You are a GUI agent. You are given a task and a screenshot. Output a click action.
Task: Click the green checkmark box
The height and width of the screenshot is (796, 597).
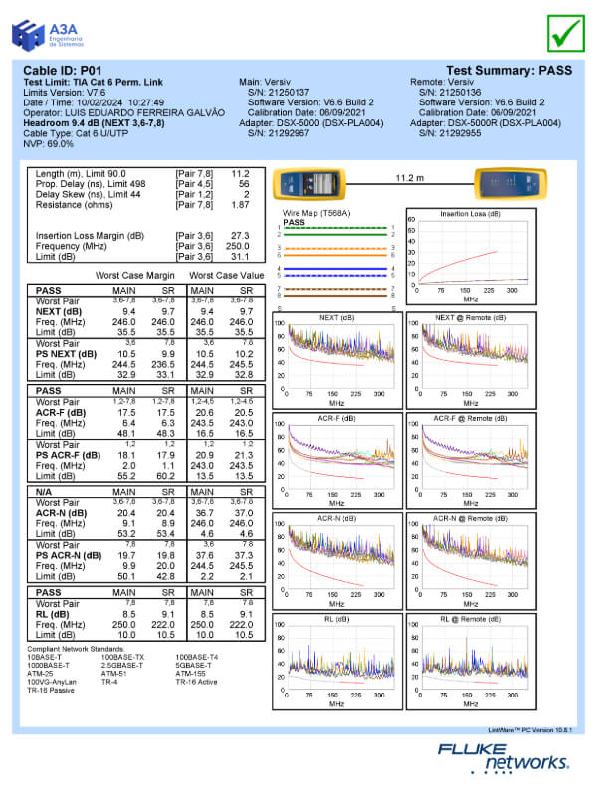[566, 32]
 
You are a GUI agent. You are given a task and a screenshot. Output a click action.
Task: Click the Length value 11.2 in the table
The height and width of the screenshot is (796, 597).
[239, 173]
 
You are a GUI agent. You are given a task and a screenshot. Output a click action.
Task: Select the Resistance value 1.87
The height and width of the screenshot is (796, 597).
[239, 205]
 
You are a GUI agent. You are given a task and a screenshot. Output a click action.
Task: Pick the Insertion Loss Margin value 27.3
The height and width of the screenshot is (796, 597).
[239, 236]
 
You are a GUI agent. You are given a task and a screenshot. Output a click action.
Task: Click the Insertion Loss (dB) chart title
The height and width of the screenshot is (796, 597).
[471, 213]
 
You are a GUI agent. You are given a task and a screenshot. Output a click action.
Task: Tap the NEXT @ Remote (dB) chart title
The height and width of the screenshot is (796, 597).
[471, 317]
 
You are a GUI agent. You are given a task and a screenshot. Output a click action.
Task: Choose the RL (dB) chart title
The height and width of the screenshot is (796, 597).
[335, 619]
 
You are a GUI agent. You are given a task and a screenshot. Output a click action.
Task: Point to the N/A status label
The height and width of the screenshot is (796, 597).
[40, 492]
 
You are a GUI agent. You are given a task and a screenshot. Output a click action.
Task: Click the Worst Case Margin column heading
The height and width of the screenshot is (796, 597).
[135, 274]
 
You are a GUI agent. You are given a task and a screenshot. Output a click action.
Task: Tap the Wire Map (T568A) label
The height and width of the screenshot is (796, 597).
[311, 214]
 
